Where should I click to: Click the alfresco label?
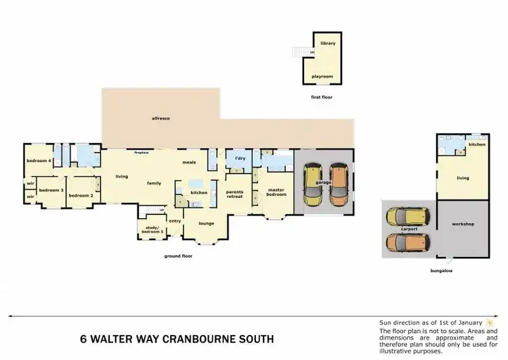tap(161, 119)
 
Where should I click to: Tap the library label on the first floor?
tap(328, 43)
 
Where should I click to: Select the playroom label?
tap(322, 77)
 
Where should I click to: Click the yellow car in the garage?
tap(313, 184)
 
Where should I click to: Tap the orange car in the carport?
tap(408, 243)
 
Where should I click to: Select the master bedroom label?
tap(276, 192)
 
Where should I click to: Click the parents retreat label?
tap(234, 193)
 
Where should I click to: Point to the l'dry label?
tap(240, 159)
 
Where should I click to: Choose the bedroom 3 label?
tap(51, 191)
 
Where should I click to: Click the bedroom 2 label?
tap(81, 195)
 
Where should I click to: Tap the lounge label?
tap(206, 222)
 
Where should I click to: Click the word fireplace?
tap(142, 153)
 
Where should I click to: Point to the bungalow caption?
tap(441, 271)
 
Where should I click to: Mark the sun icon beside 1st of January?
tap(489, 322)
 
